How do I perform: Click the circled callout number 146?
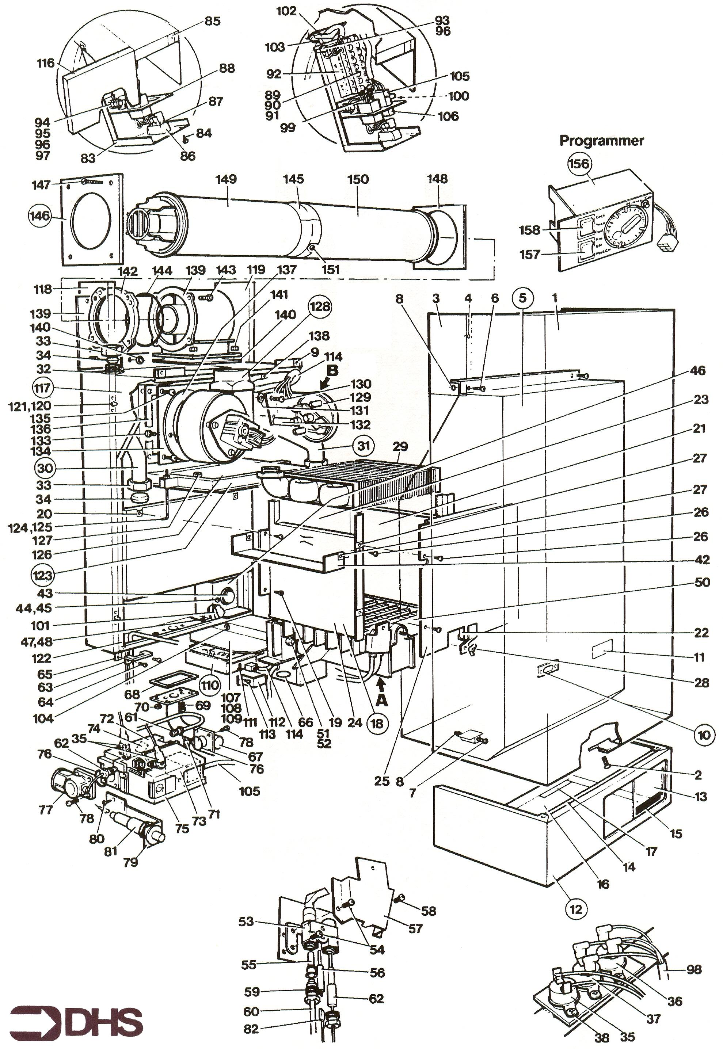[39, 215]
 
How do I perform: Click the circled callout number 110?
[210, 685]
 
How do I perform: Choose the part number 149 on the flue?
[226, 179]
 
